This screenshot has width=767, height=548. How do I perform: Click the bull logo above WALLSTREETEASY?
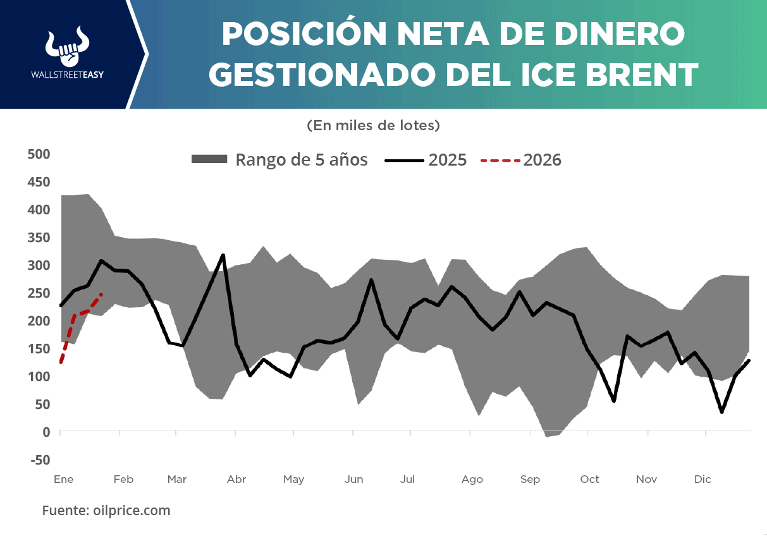[67, 47]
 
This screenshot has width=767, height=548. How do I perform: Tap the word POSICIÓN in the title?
[304, 33]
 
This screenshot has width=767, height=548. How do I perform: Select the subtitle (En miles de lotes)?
[373, 126]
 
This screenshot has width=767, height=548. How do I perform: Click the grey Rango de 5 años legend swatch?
[209, 160]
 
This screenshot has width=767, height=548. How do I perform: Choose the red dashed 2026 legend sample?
[501, 161]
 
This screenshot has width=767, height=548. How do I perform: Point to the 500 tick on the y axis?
[39, 154]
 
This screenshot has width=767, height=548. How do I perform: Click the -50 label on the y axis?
[39, 460]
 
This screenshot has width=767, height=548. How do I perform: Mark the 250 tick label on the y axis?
[39, 293]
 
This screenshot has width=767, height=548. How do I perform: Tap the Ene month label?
[64, 479]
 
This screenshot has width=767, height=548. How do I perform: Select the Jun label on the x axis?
[354, 479]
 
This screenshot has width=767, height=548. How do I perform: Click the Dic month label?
[703, 479]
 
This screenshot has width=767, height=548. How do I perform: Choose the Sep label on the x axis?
[530, 479]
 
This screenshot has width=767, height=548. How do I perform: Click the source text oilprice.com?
[106, 510]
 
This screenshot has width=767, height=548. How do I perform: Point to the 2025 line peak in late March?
[223, 255]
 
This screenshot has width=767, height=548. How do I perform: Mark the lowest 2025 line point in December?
[721, 412]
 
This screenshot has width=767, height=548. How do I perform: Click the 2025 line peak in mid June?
[371, 279]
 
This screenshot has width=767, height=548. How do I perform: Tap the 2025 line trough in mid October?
[614, 401]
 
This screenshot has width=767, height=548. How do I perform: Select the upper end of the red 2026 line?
[101, 294]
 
